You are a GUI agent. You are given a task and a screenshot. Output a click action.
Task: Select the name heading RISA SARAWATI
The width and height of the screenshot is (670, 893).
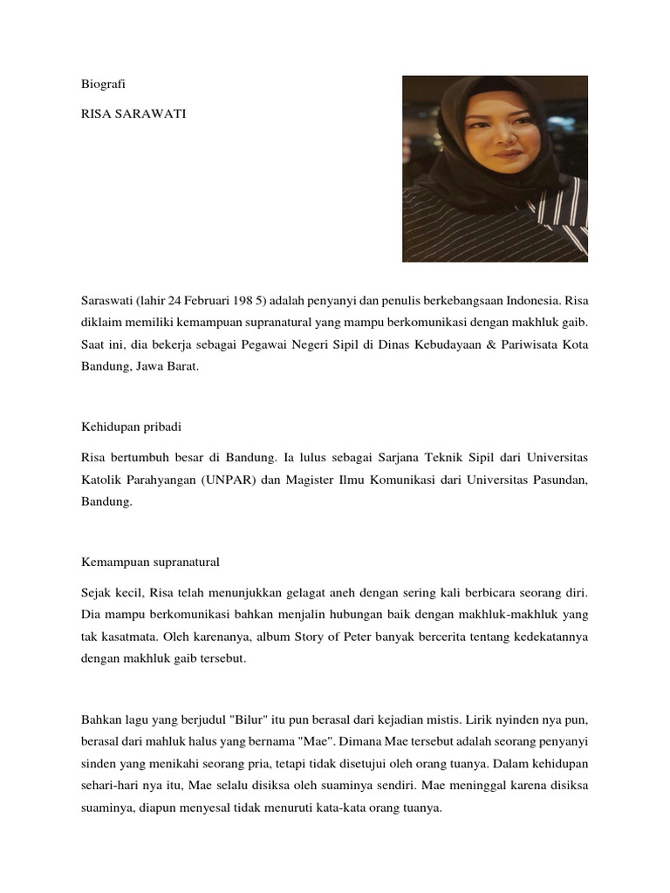[x=127, y=113]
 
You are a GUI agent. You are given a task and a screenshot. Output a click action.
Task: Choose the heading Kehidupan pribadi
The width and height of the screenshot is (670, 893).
[x=132, y=427]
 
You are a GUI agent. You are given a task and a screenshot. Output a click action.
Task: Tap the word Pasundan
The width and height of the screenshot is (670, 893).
[x=556, y=479]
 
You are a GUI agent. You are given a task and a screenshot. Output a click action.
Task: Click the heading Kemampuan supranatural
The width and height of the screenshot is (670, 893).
[x=150, y=562]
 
